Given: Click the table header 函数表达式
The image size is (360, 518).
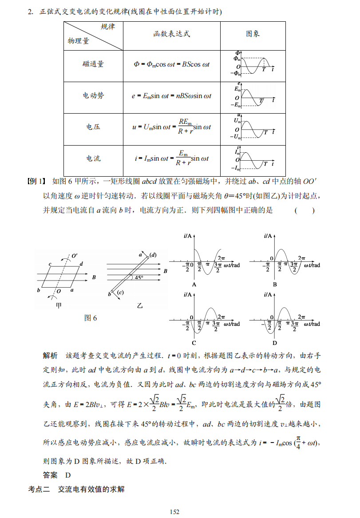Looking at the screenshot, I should click(172, 34).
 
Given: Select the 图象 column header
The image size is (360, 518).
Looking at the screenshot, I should click(253, 34).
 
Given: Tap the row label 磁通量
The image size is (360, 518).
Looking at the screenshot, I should click(93, 64).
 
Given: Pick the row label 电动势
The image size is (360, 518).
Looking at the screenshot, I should click(93, 95).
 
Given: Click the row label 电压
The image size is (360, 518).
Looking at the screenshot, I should click(93, 127).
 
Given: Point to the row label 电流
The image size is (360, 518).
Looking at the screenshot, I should click(93, 158).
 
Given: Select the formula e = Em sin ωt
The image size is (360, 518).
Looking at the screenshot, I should click(172, 95).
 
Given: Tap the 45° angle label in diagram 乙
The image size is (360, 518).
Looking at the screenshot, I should click(139, 277).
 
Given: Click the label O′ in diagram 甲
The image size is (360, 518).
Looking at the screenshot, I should click(74, 256).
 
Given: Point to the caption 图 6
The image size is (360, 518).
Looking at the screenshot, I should click(91, 318).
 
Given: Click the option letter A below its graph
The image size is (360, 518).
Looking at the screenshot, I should click(194, 284).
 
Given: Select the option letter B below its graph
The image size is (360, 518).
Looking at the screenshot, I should click(275, 284).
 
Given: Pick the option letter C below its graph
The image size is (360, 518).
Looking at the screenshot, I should click(194, 343).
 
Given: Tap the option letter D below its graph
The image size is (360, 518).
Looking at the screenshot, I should click(275, 343).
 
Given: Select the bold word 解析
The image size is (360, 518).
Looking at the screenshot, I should click(50, 356).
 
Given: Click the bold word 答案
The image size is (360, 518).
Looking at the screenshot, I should click(50, 475).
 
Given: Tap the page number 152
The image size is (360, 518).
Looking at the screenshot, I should click(174, 512).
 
